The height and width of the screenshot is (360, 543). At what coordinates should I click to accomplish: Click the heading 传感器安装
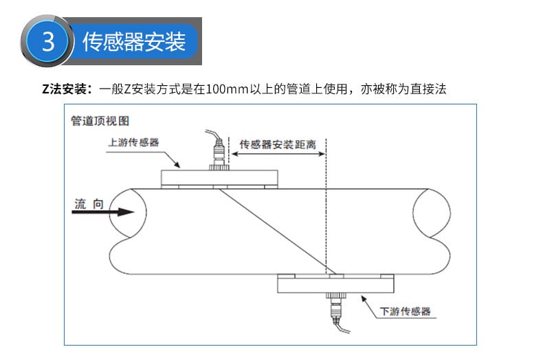(134, 43)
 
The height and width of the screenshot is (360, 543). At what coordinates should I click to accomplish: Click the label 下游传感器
(406, 311)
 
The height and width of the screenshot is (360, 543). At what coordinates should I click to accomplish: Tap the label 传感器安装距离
(277, 145)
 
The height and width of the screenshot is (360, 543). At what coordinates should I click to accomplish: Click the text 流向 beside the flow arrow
(89, 203)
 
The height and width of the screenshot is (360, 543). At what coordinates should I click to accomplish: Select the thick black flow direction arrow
(103, 212)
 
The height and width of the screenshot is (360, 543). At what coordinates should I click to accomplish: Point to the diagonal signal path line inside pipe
(275, 230)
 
